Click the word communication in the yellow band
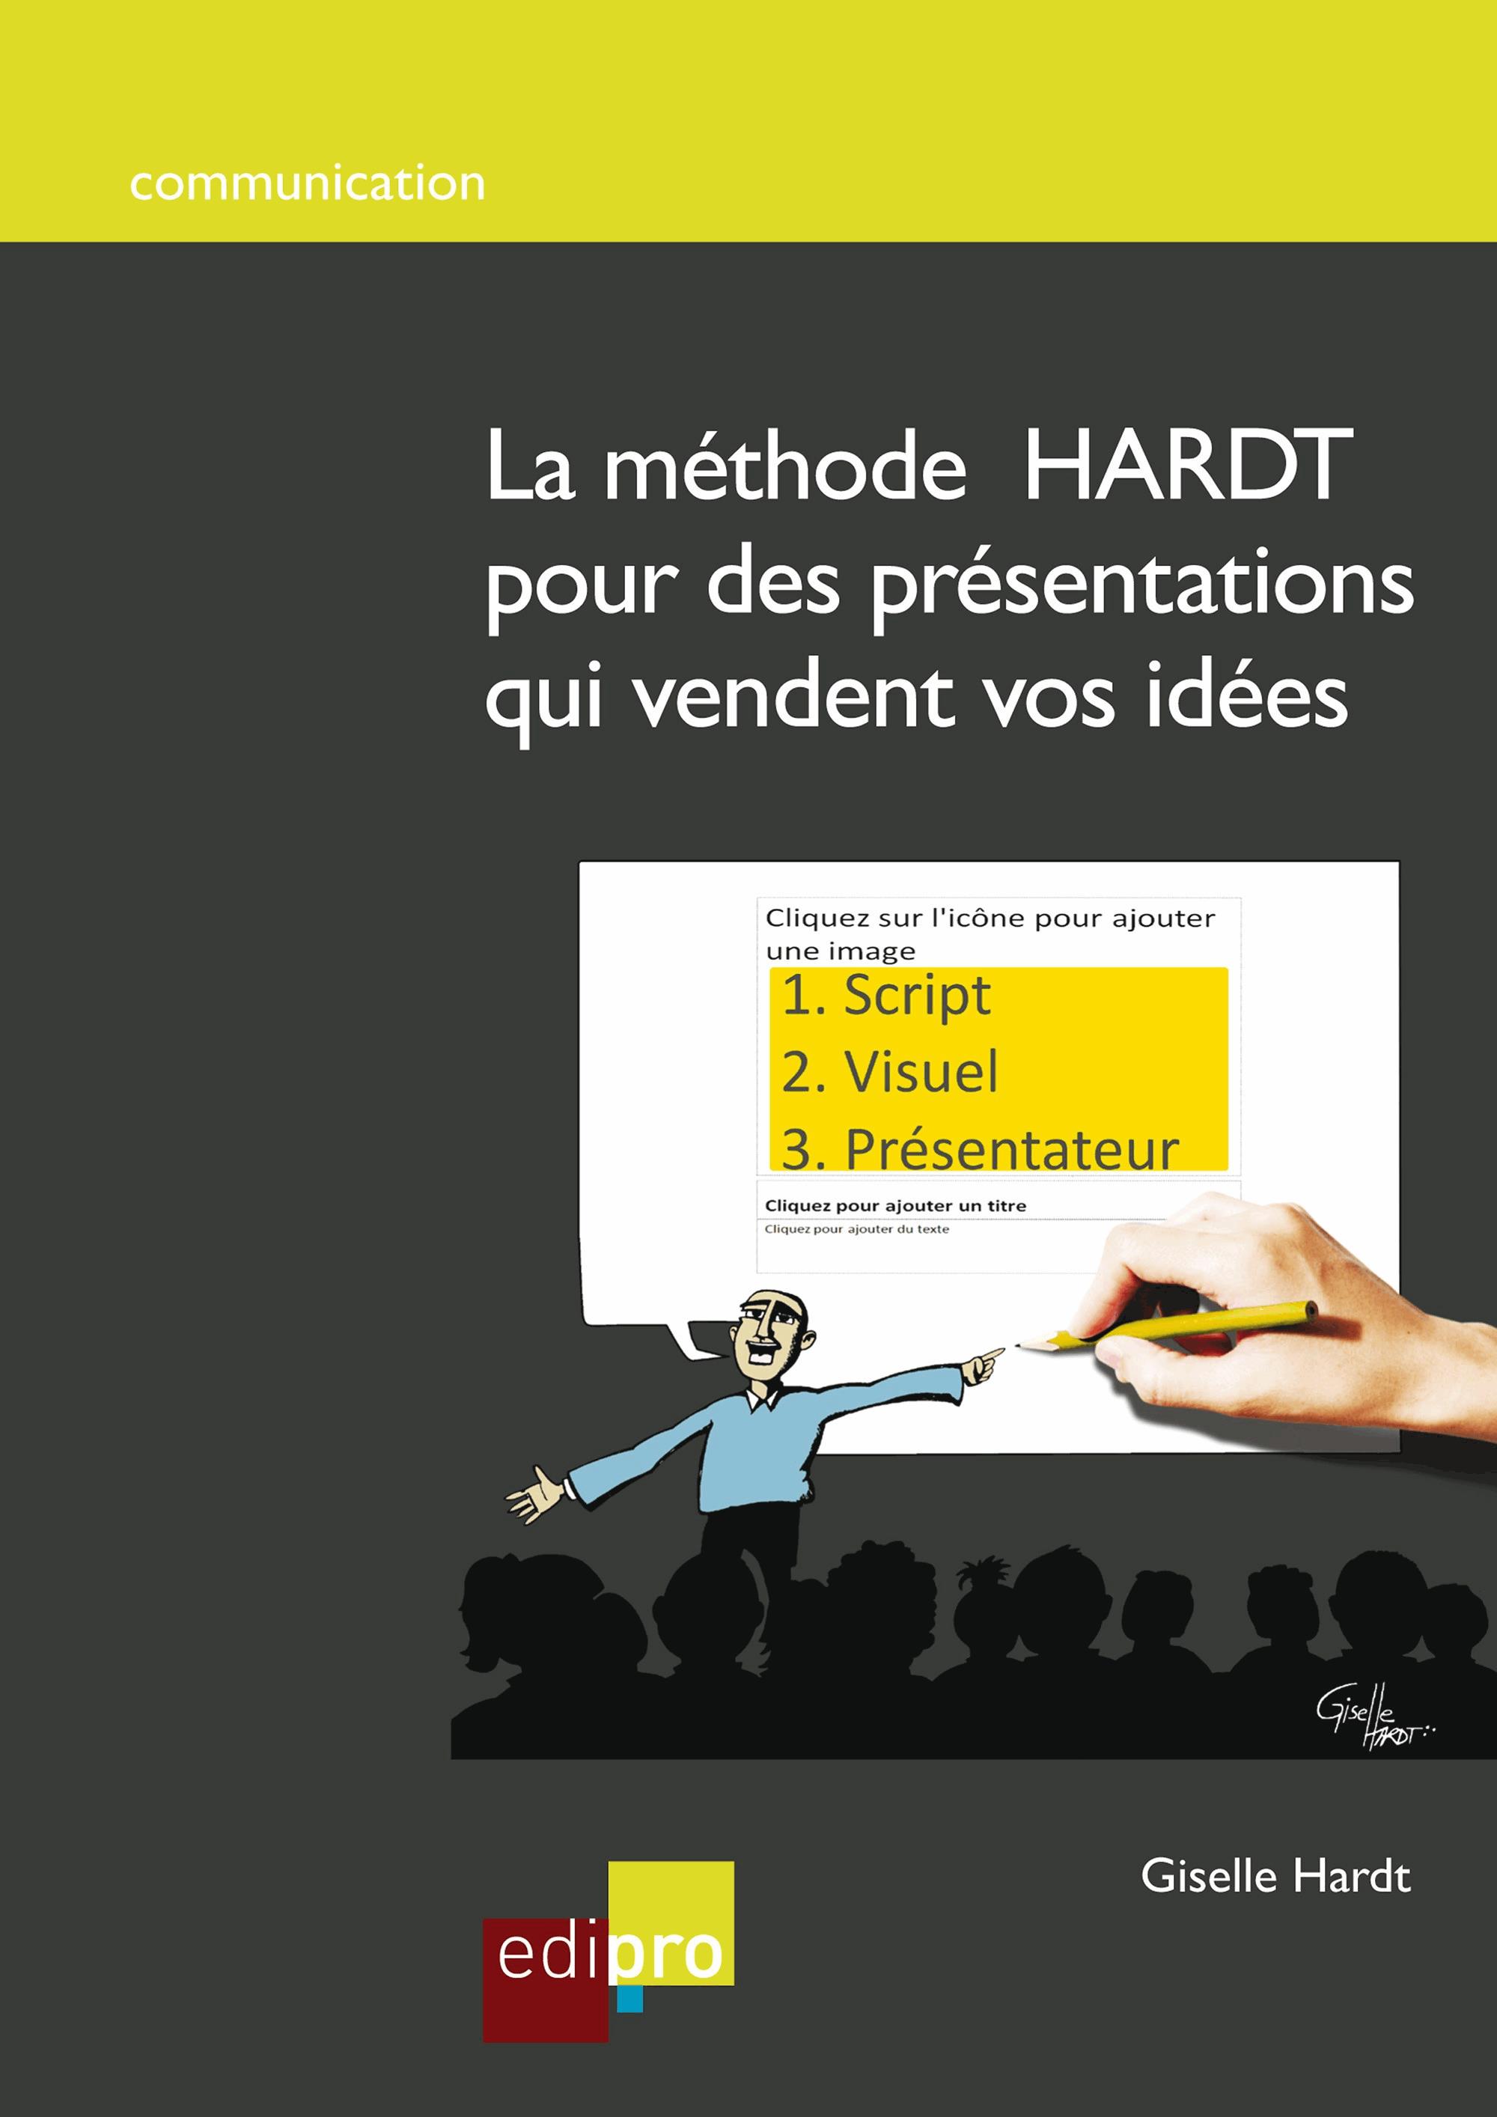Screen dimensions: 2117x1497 coord(307,183)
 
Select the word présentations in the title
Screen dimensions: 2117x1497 coord(1142,585)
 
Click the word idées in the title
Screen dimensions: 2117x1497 coord(1246,698)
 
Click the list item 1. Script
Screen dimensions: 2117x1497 coord(885,996)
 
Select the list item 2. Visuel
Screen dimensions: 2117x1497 coord(889,1072)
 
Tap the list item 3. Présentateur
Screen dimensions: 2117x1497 coord(980,1149)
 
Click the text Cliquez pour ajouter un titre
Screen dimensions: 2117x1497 coord(895,1206)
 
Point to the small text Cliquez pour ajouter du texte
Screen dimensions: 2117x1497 coord(856,1229)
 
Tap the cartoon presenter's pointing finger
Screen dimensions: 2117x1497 coord(994,1353)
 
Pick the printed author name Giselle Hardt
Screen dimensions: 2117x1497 coord(1275,1877)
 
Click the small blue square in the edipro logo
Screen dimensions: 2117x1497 coord(629,1998)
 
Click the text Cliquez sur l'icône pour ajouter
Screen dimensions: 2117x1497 coord(990,919)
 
